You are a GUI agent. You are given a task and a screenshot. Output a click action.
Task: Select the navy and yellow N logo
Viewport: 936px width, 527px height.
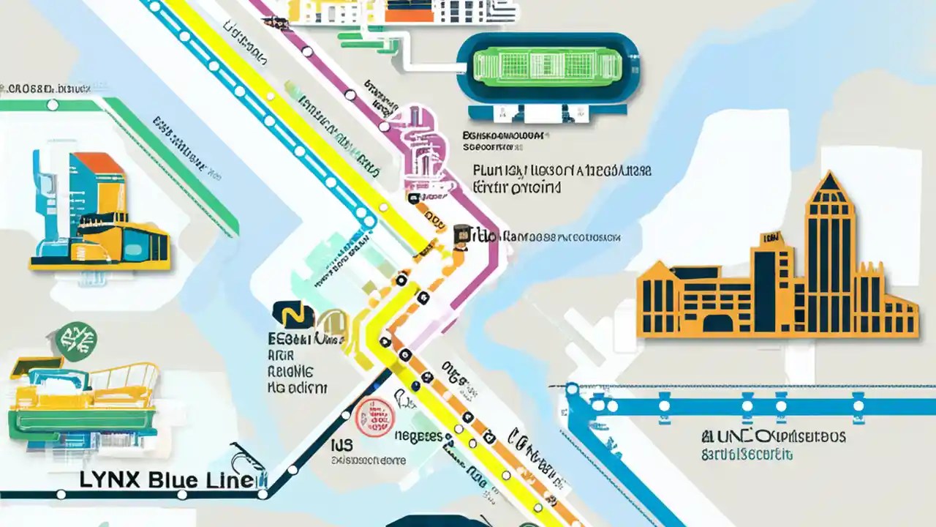tap(292, 315)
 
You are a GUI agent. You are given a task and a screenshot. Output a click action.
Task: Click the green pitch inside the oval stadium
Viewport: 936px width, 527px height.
tap(548, 77)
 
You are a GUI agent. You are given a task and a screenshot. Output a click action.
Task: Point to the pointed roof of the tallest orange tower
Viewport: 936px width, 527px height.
tap(829, 187)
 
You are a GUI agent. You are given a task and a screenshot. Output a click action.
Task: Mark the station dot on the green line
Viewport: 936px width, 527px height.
tap(52, 105)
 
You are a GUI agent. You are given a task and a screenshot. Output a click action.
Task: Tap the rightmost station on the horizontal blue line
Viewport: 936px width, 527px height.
tap(858, 404)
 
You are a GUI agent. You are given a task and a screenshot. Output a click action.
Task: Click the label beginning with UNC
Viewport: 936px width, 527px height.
tap(775, 437)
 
